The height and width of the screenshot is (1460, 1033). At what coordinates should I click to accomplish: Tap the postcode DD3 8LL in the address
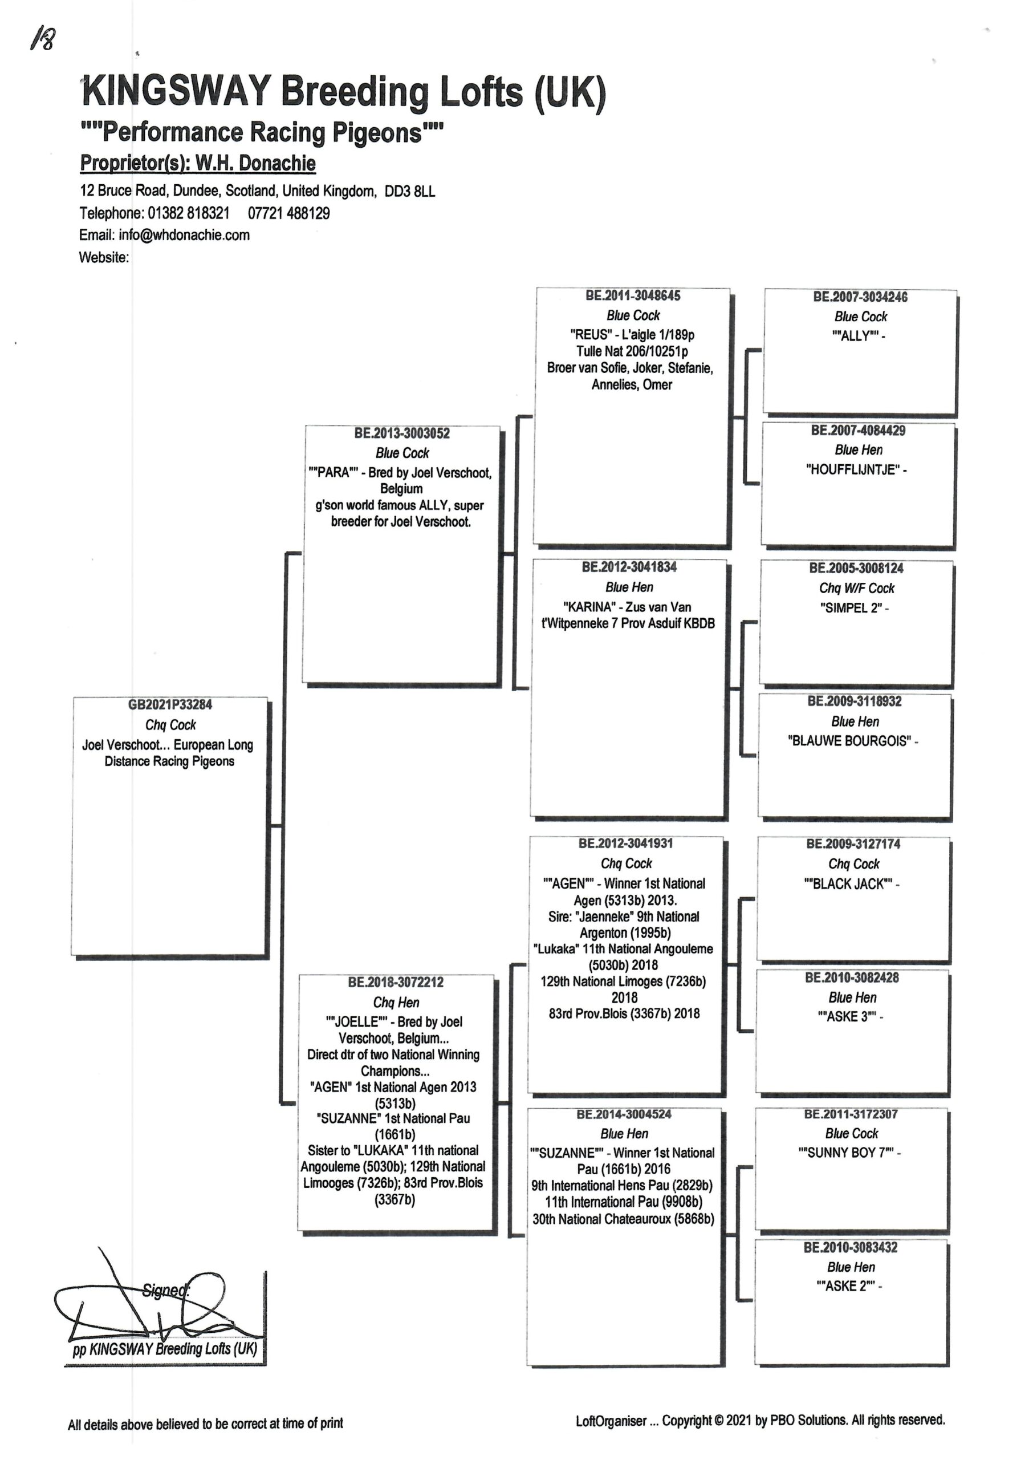click(410, 192)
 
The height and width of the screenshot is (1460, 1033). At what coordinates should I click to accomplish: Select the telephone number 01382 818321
click(188, 213)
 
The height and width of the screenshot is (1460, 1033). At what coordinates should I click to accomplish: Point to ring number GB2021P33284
click(170, 705)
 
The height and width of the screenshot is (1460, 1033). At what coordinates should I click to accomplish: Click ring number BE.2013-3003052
click(402, 433)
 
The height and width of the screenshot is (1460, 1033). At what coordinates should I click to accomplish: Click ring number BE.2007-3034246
click(861, 297)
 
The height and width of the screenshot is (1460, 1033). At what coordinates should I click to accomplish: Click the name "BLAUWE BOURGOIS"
click(850, 741)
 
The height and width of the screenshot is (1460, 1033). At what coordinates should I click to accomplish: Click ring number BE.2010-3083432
click(851, 1247)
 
